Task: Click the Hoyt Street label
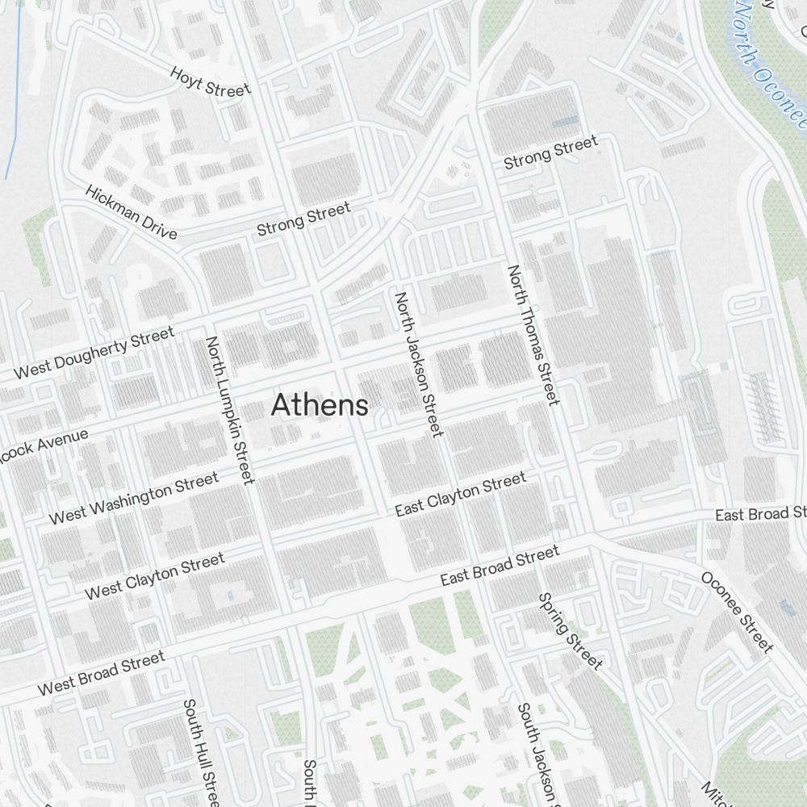[x=210, y=82]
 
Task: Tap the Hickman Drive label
[x=130, y=212]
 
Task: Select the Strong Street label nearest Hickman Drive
[x=303, y=220]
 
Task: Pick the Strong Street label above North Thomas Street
[x=550, y=153]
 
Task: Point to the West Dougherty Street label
[x=94, y=353]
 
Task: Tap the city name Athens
[x=320, y=405]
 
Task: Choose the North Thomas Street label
[x=533, y=335]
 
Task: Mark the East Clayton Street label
[x=460, y=495]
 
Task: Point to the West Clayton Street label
[x=154, y=576]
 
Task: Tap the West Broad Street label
[x=101, y=673]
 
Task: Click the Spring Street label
[x=570, y=631]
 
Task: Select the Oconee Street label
[x=737, y=611]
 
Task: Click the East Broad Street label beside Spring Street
[x=499, y=566]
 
